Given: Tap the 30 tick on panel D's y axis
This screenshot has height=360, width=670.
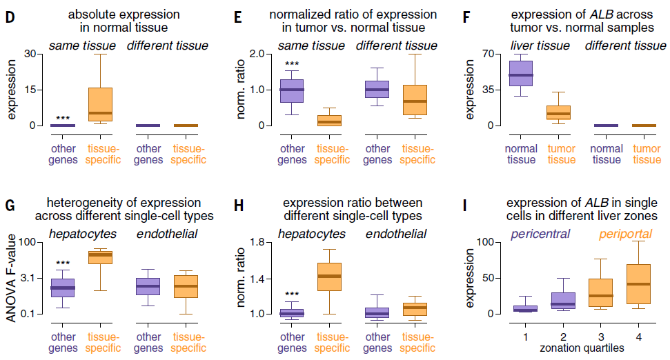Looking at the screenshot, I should [29, 54].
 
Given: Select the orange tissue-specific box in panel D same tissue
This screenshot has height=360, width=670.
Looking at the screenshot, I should [101, 104].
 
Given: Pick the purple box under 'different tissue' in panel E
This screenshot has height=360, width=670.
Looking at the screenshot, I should [377, 89].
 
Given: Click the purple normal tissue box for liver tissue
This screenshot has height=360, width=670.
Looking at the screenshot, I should [521, 73].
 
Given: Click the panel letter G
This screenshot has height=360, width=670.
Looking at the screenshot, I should [10, 204].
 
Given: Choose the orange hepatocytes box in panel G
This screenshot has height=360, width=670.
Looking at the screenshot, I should [101, 256].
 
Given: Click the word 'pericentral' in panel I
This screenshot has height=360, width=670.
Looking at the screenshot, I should [544, 234].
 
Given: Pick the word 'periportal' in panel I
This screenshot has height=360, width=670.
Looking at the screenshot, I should [626, 234].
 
